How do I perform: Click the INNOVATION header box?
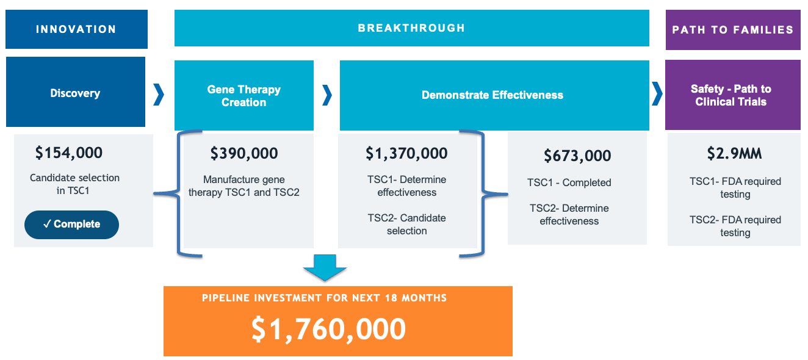tap(76, 29)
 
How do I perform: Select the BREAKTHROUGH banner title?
tap(411, 28)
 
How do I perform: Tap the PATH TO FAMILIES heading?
tap(732, 29)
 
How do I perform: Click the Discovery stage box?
tap(76, 92)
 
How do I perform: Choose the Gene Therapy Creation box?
tap(244, 95)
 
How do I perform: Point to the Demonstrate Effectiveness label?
tap(492, 95)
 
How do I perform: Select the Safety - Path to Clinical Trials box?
tap(732, 95)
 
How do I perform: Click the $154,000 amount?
tap(69, 153)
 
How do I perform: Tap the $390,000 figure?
tap(244, 153)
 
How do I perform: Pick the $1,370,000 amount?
tap(406, 153)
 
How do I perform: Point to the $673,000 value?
tap(577, 156)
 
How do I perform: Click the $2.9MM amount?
tap(734, 153)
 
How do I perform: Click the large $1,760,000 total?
tap(328, 329)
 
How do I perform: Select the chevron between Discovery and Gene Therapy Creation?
tap(159, 95)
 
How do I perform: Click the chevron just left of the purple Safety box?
tap(657, 93)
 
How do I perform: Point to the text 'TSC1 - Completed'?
tap(569, 182)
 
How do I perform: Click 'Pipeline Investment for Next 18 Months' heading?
tap(324, 298)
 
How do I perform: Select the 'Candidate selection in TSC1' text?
tap(74, 184)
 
